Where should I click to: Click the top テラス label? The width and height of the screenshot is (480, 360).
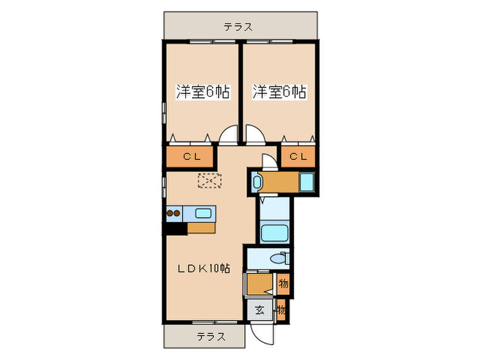(x=238, y=27)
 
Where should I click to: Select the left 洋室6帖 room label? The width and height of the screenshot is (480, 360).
(x=202, y=91)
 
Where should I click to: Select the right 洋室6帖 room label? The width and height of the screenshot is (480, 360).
(x=279, y=91)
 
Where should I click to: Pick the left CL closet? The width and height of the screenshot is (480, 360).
(x=191, y=157)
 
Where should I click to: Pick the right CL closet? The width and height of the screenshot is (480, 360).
(x=298, y=157)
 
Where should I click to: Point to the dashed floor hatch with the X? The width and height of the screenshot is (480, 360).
(x=209, y=181)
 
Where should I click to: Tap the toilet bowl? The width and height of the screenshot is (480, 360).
(x=279, y=259)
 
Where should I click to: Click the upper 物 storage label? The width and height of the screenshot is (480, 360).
(x=283, y=283)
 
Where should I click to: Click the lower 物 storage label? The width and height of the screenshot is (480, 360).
(x=281, y=310)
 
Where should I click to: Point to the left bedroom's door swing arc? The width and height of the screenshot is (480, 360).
(x=228, y=135)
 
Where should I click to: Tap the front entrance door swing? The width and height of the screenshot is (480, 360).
(x=261, y=333)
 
